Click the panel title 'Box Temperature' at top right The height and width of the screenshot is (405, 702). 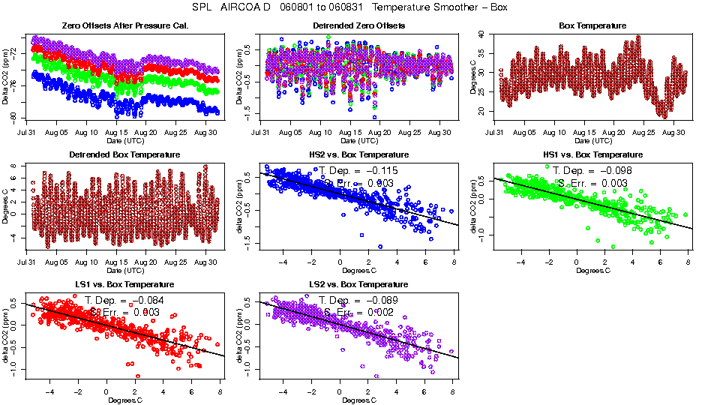click(592, 25)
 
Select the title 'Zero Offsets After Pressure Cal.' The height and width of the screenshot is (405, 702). click(124, 25)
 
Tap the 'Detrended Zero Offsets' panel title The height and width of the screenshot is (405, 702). click(358, 25)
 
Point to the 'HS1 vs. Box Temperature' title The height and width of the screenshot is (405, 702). click(592, 155)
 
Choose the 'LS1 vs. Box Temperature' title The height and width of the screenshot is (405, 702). click(124, 285)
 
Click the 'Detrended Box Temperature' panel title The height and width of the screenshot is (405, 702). click(124, 155)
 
